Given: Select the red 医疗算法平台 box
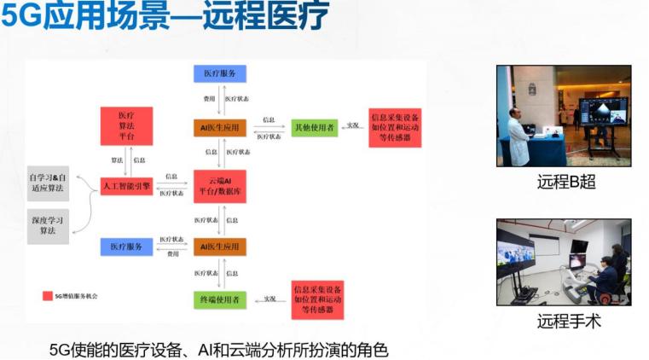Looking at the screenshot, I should pyautogui.click(x=125, y=126).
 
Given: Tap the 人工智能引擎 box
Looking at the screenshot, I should pyautogui.click(x=125, y=185).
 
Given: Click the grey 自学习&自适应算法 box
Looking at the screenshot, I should pyautogui.click(x=48, y=183).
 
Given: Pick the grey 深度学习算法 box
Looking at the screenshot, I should pyautogui.click(x=48, y=225).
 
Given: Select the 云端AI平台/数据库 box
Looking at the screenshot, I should pyautogui.click(x=219, y=186).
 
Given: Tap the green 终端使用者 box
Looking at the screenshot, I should pyautogui.click(x=219, y=299).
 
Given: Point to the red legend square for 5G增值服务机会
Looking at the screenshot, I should pyautogui.click(x=47, y=296).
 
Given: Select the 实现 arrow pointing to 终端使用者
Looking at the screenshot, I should pyautogui.click(x=269, y=299).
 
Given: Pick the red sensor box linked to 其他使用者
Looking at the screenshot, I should pyautogui.click(x=395, y=127).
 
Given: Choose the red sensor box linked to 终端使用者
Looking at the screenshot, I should pyautogui.click(x=316, y=299).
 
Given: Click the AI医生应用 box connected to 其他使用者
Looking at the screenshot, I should pyautogui.click(x=219, y=127).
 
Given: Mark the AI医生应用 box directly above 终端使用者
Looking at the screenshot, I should pyautogui.click(x=219, y=247).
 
